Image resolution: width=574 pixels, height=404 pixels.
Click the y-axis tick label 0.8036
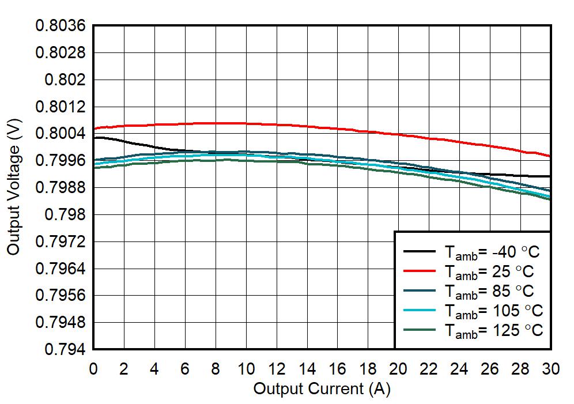61,26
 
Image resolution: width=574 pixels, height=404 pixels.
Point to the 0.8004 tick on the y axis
61,134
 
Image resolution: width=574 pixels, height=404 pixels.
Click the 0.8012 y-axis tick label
61,107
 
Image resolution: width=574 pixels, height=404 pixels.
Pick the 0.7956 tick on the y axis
61,295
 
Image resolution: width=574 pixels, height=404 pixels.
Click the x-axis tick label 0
93,369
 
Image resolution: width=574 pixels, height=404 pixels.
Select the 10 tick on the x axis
246,369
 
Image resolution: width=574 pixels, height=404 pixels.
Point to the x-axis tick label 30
552,369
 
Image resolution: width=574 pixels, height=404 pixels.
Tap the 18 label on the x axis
368,369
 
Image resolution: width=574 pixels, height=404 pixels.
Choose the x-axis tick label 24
460,369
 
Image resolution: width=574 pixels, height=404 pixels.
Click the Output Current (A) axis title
322,389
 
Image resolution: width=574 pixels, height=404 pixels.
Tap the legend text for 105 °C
493,311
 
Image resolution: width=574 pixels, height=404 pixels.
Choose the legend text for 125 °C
493,330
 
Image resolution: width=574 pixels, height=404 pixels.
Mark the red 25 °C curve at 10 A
246,123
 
